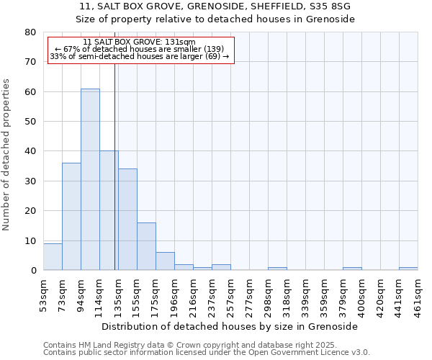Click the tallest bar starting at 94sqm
coord(90,179)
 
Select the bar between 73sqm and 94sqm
coord(71,216)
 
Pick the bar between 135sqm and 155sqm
coord(127,220)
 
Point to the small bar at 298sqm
coord(277,269)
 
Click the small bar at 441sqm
coord(408,269)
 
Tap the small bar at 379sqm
coord(352,269)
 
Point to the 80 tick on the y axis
coord(30,32)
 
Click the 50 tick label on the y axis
coord(30,122)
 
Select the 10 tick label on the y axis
coord(30,240)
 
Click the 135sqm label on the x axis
coord(118,294)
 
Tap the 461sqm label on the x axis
coord(418,294)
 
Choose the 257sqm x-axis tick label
coord(230,294)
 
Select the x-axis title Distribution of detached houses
coord(230,326)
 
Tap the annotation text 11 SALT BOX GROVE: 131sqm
coord(139,42)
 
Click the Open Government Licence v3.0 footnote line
coord(207,353)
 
